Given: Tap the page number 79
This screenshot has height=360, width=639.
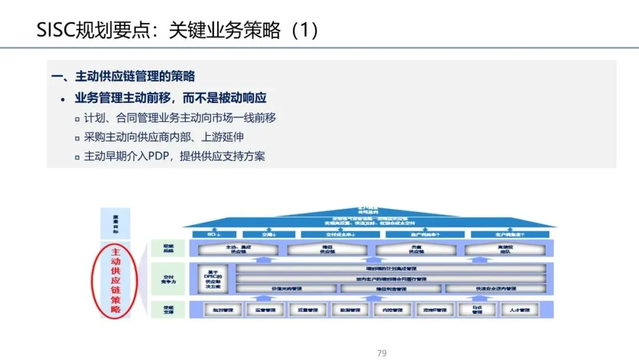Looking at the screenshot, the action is (x=382, y=353).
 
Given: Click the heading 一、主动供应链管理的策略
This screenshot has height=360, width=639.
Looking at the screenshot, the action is (x=123, y=76).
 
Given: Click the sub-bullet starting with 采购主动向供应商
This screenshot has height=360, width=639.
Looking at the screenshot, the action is (x=160, y=137).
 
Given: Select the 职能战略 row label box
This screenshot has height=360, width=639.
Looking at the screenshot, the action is (x=168, y=248).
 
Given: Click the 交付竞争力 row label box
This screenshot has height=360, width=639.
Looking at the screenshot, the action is (x=168, y=279).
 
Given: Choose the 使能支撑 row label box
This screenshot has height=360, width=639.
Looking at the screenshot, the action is (x=168, y=308).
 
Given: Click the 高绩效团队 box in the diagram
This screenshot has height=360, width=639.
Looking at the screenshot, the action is (x=504, y=249).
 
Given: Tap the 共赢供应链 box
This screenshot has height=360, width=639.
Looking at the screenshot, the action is (x=416, y=249).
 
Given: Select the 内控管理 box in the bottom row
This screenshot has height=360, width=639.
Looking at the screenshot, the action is (x=388, y=310).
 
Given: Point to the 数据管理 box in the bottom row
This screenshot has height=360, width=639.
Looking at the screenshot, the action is (x=346, y=310).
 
